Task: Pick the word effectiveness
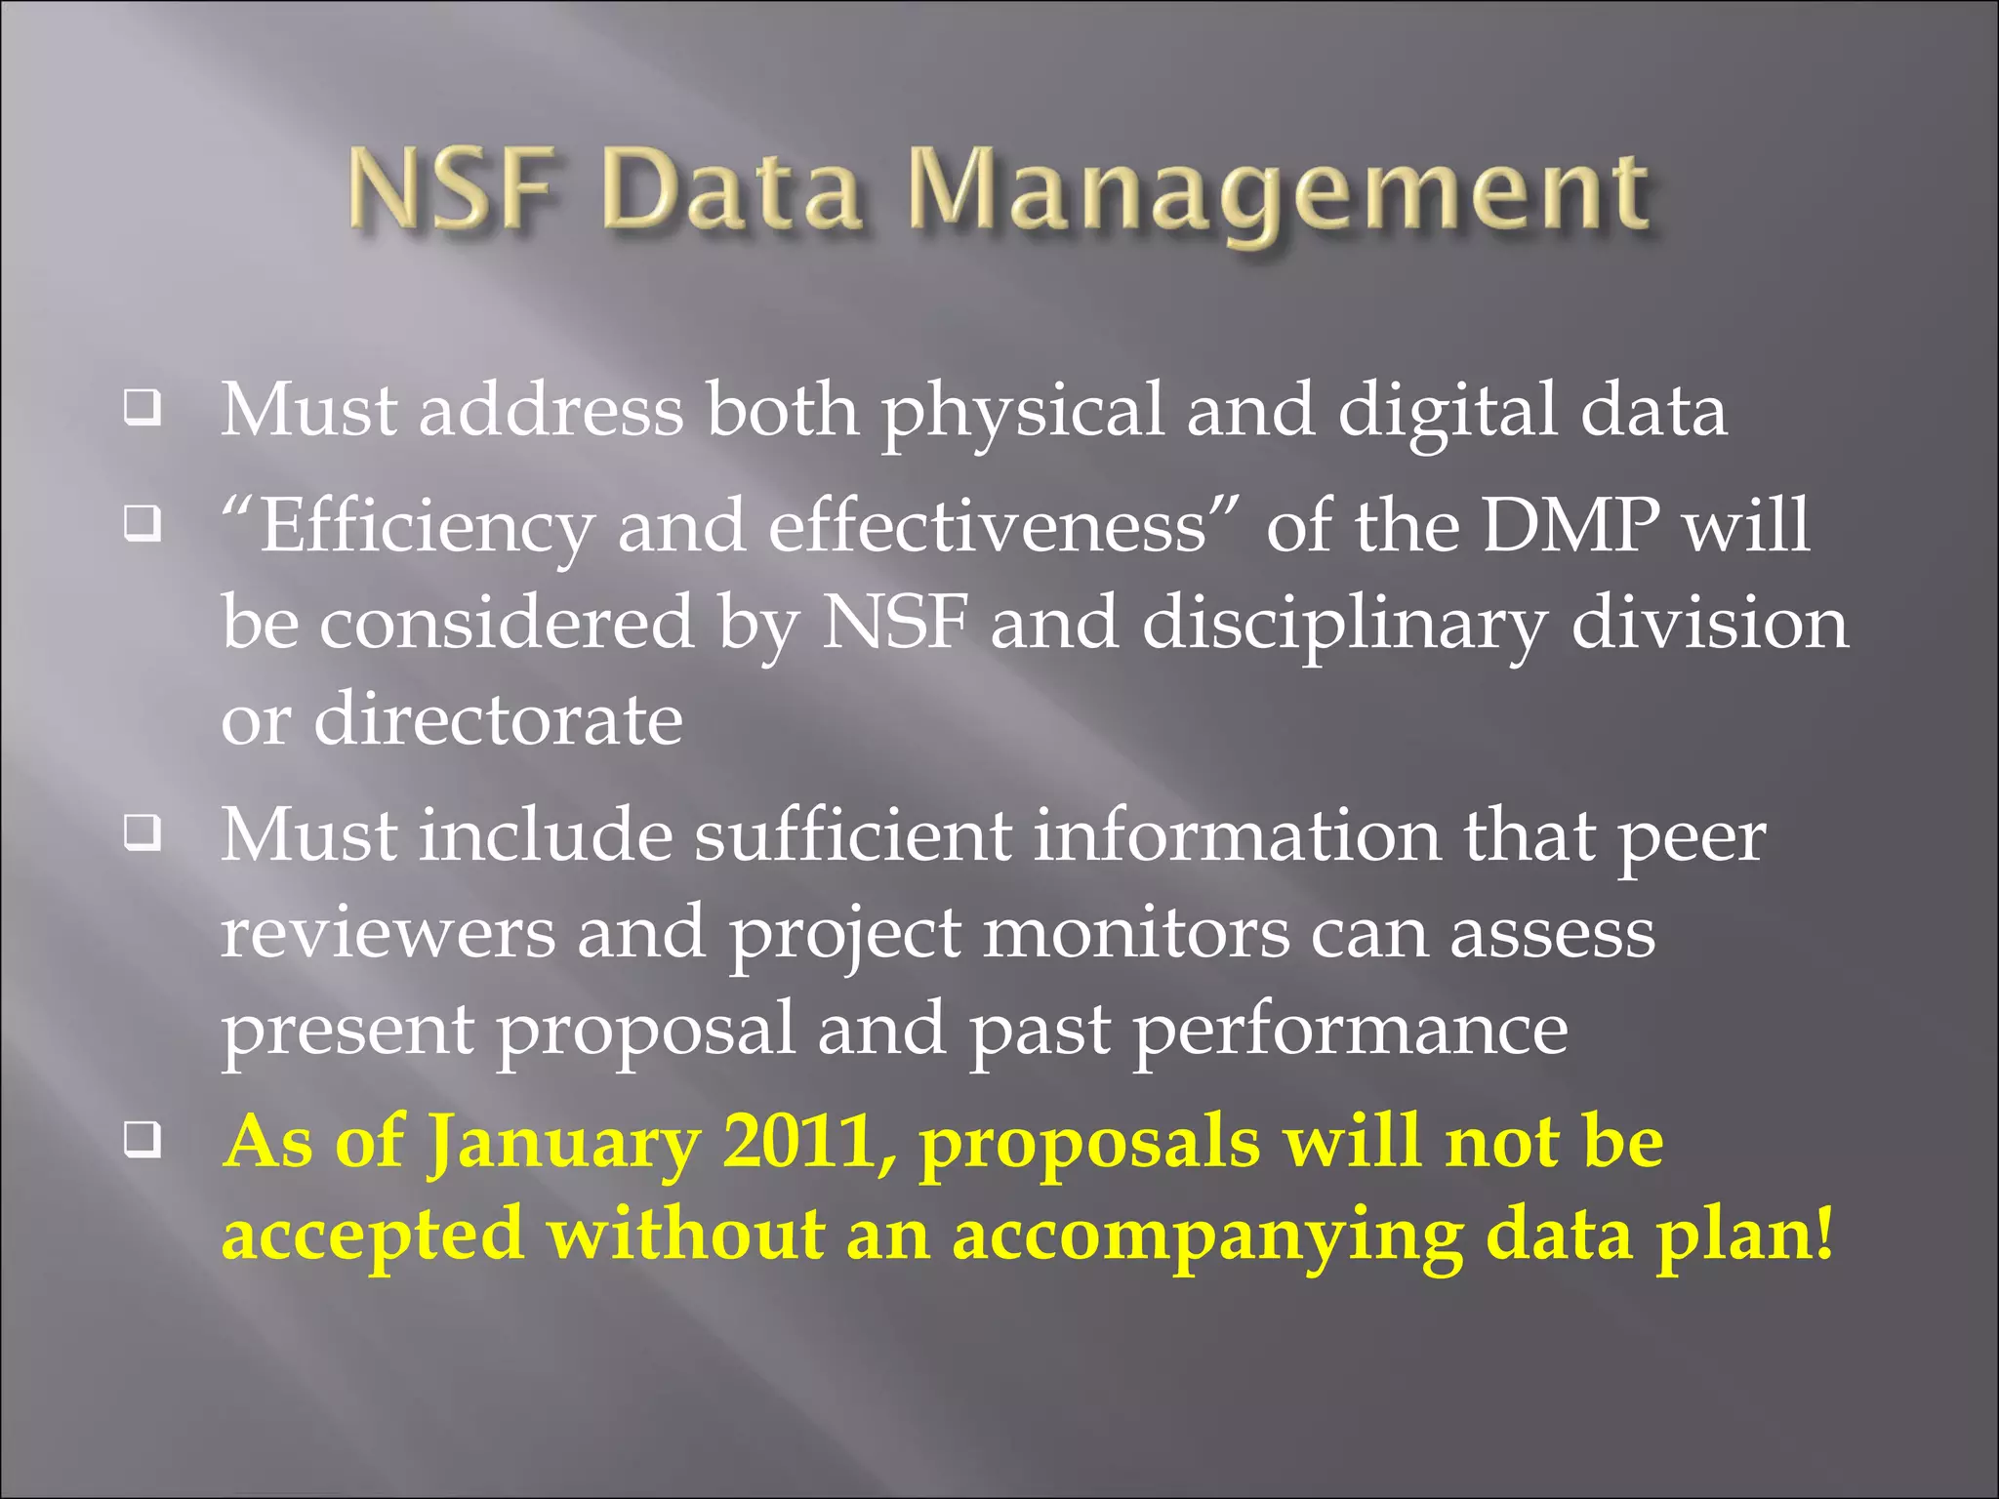[x=988, y=526]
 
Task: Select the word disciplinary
[x=1344, y=625]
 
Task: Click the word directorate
[x=498, y=719]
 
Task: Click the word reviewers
[x=388, y=932]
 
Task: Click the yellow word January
[x=564, y=1144]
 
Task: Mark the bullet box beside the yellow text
[x=143, y=1140]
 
